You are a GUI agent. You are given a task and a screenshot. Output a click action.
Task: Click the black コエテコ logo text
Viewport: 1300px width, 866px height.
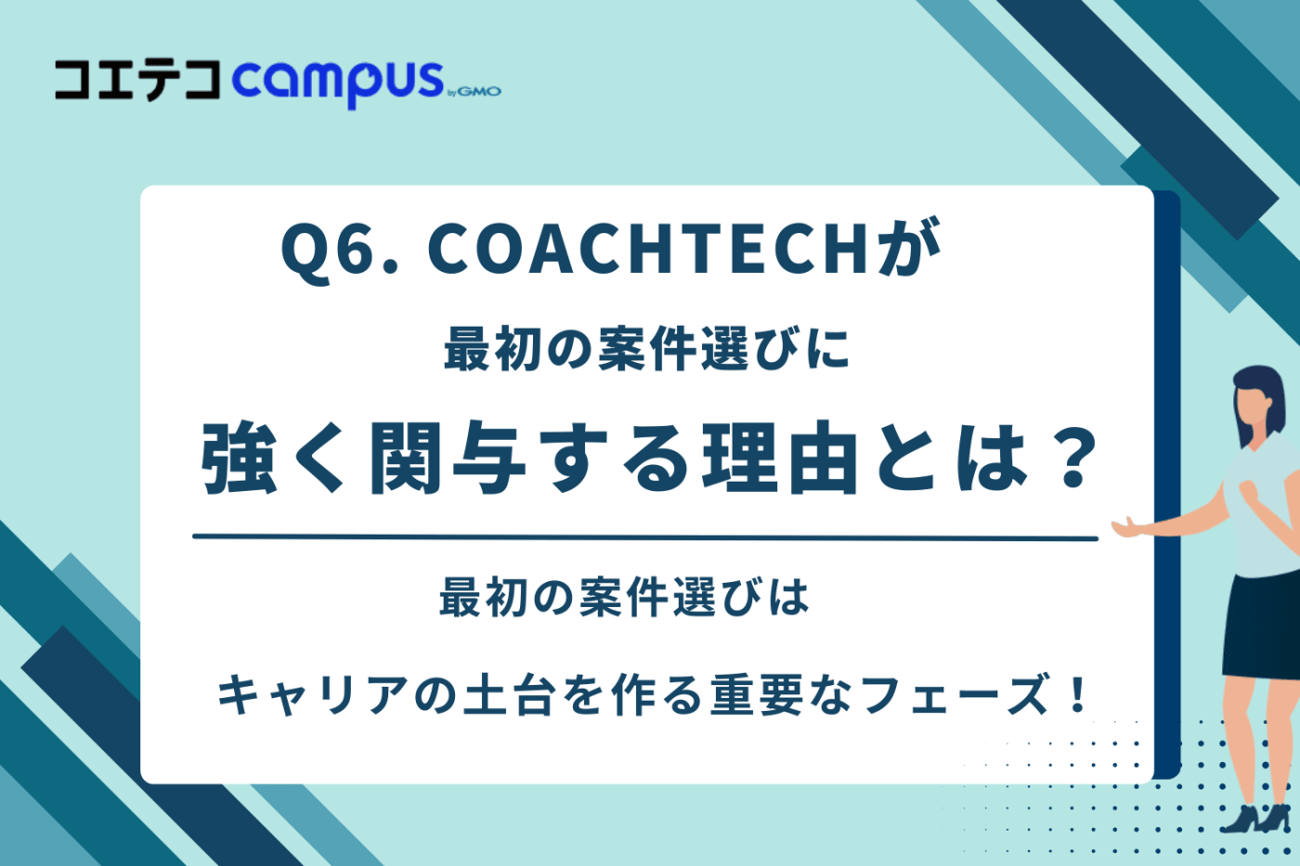(137, 80)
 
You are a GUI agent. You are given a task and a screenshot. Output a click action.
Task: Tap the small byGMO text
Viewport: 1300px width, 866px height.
(474, 91)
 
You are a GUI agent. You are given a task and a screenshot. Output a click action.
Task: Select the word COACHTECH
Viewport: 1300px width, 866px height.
(648, 249)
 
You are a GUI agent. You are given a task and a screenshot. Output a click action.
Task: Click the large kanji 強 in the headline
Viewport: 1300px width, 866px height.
(240, 459)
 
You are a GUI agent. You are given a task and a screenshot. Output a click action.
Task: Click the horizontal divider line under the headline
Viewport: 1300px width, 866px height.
(644, 536)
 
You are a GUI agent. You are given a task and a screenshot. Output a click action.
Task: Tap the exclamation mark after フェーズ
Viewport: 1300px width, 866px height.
(1077, 694)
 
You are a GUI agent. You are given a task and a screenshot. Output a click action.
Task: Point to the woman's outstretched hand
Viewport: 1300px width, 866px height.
(1128, 528)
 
